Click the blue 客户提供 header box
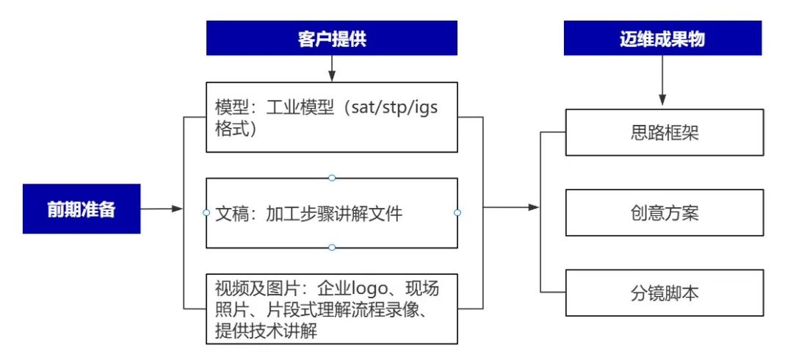pyautogui.click(x=331, y=38)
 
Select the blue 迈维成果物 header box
pyautogui.click(x=663, y=38)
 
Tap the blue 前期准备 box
pyautogui.click(x=82, y=209)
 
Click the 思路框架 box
pyautogui.click(x=664, y=132)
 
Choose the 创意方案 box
pyautogui.click(x=664, y=213)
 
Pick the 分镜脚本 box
pyautogui.click(x=664, y=293)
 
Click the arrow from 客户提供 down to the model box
pyautogui.click(x=332, y=69)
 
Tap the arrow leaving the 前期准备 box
pyautogui.click(x=162, y=209)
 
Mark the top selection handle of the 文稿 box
pyautogui.click(x=332, y=178)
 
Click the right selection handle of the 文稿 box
pyautogui.click(x=457, y=212)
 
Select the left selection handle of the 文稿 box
pyautogui.click(x=206, y=212)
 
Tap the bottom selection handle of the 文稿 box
pyautogui.click(x=332, y=248)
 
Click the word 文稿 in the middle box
pyautogui.click(x=231, y=213)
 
